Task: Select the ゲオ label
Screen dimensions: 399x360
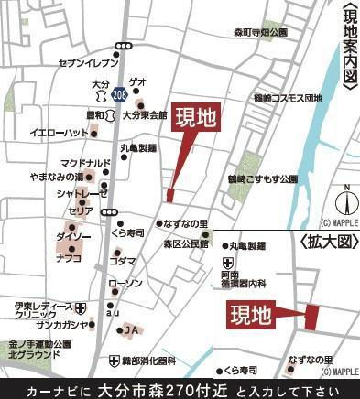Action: [137, 81]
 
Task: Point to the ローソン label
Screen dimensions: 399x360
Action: [125, 285]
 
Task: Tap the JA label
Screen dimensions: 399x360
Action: [131, 329]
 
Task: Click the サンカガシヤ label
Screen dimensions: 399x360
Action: [63, 325]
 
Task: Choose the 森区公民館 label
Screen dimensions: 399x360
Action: [186, 244]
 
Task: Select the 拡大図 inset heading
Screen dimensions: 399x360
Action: [325, 240]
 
